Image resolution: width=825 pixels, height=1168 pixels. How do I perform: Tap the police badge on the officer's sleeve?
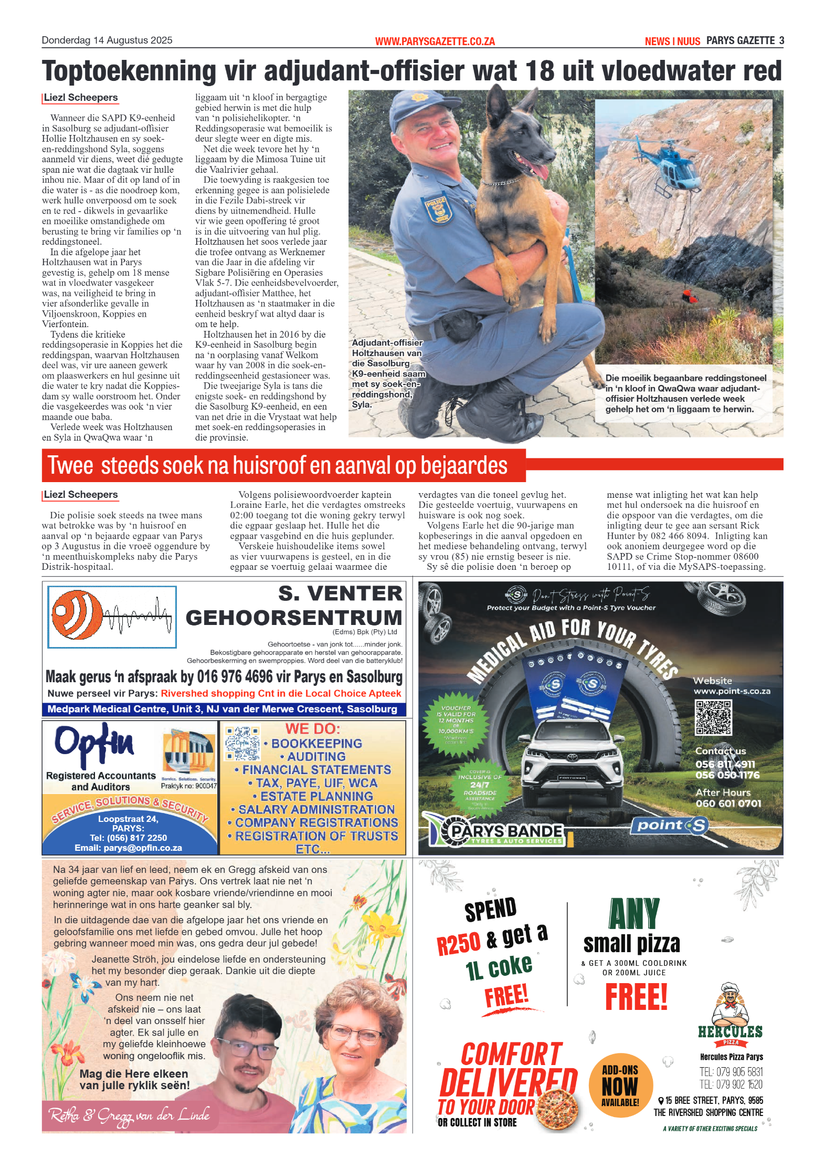pos(438,208)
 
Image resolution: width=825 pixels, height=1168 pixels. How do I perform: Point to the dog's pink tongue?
pos(538,170)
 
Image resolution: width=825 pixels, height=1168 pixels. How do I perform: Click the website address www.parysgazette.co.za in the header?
pos(435,41)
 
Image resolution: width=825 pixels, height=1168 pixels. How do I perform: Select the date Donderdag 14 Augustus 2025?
pos(107,40)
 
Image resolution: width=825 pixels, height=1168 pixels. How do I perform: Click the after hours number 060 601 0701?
pos(728,804)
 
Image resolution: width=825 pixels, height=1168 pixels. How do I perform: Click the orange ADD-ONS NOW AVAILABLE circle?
pos(620,1084)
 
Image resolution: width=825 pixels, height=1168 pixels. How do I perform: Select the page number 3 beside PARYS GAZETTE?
pos(781,40)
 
